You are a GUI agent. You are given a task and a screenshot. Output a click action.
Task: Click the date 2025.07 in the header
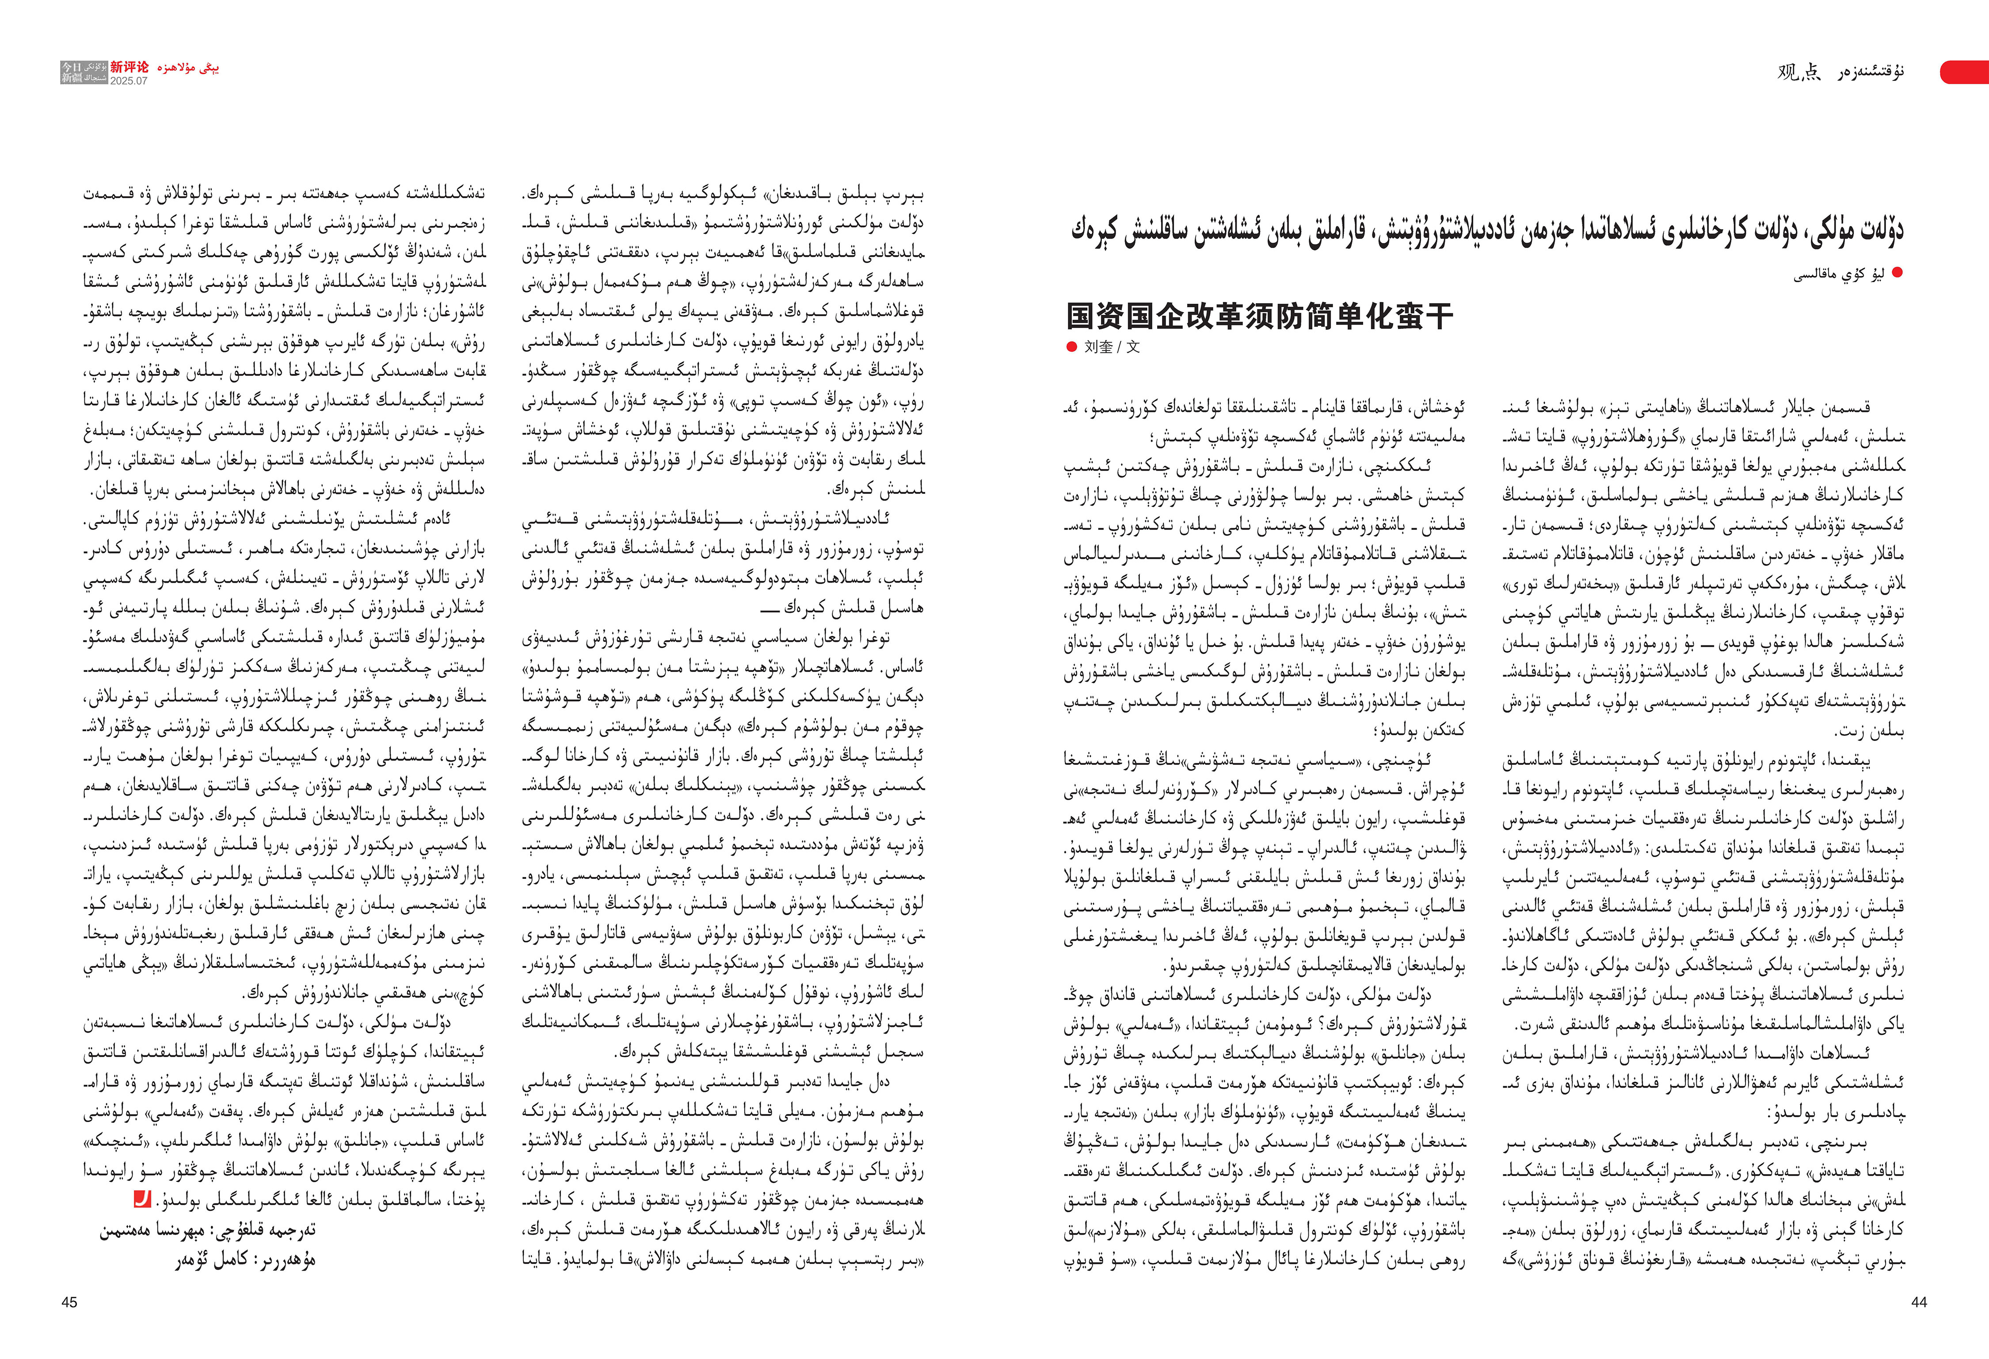tap(128, 80)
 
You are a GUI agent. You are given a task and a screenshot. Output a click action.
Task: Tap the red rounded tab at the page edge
tap(1966, 73)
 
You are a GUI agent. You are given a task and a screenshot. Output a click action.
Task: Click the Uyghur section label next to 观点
tap(1870, 73)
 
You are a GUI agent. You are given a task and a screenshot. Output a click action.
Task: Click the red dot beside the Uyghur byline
tap(1898, 273)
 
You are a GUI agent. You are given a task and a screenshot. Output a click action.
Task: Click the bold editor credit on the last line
tap(246, 1260)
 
